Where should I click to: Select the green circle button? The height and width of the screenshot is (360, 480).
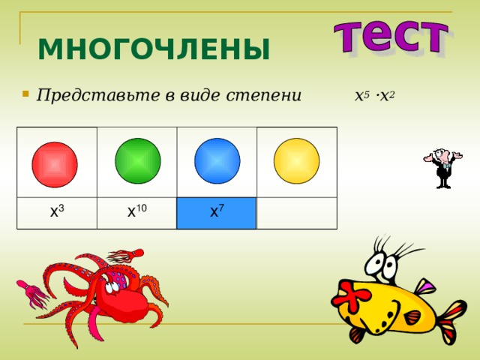point(137,160)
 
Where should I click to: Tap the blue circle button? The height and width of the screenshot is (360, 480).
point(217,160)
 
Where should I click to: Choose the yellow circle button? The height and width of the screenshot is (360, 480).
point(296,160)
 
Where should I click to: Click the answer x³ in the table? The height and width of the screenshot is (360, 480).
point(56,212)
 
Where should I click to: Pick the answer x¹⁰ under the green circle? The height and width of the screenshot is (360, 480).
point(136,212)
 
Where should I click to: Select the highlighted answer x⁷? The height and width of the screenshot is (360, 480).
point(216,212)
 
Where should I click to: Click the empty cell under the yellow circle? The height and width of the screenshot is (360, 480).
point(296,212)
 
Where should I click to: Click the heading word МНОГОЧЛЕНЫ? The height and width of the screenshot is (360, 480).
point(154,50)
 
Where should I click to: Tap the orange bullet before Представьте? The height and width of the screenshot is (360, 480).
point(25,95)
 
